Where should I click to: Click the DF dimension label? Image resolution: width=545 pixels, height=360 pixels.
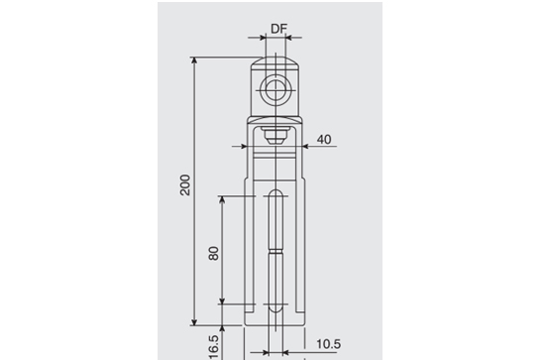[278, 29]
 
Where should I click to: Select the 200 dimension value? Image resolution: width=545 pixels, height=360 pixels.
[185, 184]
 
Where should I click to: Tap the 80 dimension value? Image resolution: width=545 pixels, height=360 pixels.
[213, 253]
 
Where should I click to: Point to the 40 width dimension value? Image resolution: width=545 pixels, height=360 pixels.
[324, 140]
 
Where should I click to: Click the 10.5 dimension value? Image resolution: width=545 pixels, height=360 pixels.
[328, 344]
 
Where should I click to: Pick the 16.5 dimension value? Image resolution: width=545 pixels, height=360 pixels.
[213, 347]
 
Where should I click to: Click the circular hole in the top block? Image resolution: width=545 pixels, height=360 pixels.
[275, 90]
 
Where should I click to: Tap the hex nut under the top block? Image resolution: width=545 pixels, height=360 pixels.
[275, 135]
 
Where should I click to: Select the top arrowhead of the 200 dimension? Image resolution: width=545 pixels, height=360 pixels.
[194, 60]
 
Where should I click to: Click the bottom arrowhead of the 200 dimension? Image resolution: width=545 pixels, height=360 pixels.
[194, 322]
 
